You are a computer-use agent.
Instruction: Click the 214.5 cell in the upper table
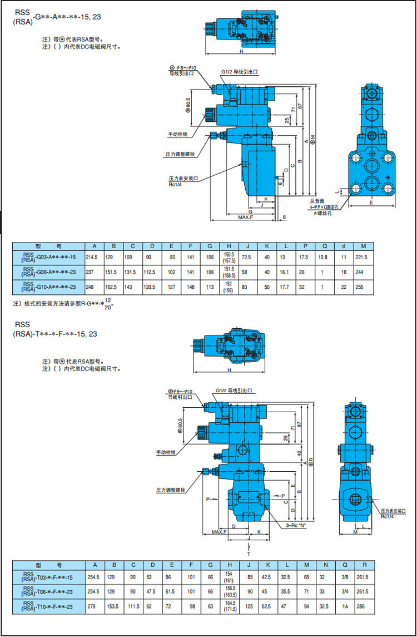(x=93, y=258)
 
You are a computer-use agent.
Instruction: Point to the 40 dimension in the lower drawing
(x=299, y=453)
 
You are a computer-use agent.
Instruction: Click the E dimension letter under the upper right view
(x=371, y=203)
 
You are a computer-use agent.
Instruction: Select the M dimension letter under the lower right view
(x=355, y=532)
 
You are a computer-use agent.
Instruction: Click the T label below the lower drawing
(x=249, y=554)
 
